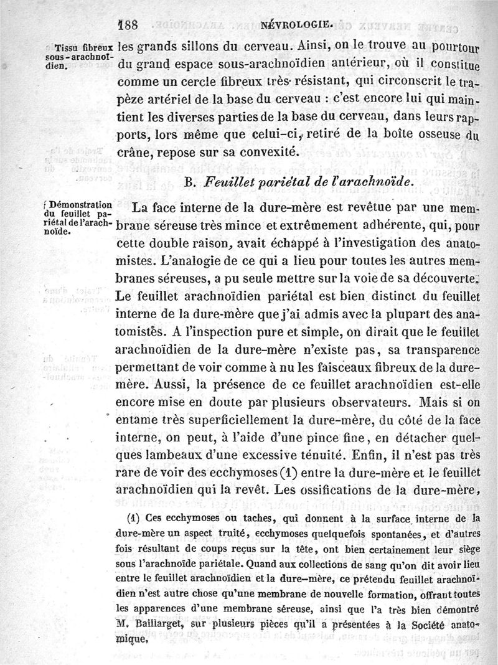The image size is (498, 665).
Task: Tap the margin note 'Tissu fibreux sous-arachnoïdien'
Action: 82,56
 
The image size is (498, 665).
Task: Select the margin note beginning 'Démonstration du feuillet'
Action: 82,219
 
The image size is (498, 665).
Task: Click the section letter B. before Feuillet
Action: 190,181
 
